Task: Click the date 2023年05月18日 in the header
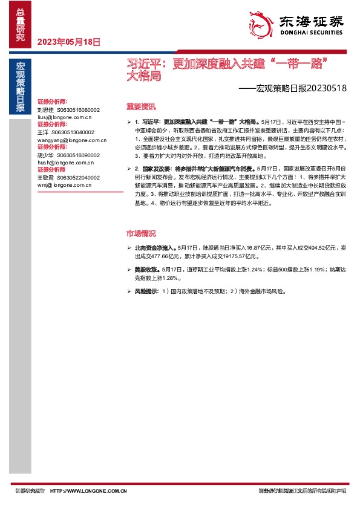68,42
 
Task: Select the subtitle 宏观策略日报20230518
292,88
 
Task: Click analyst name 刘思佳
46,110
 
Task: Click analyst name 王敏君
46,178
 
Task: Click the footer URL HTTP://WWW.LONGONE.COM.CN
89,491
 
